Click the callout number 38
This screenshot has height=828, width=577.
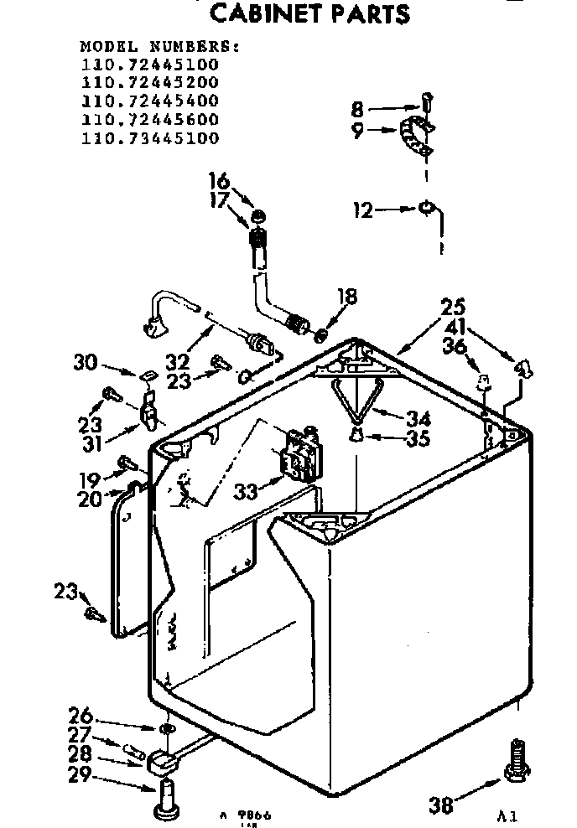point(441,805)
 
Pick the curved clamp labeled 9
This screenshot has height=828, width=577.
point(417,137)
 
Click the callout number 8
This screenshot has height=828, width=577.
point(358,109)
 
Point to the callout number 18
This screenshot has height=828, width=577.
point(347,297)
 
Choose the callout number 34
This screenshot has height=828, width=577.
point(418,417)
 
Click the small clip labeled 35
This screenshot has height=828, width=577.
point(356,434)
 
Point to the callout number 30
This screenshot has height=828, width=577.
point(86,363)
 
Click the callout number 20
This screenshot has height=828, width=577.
point(90,499)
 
